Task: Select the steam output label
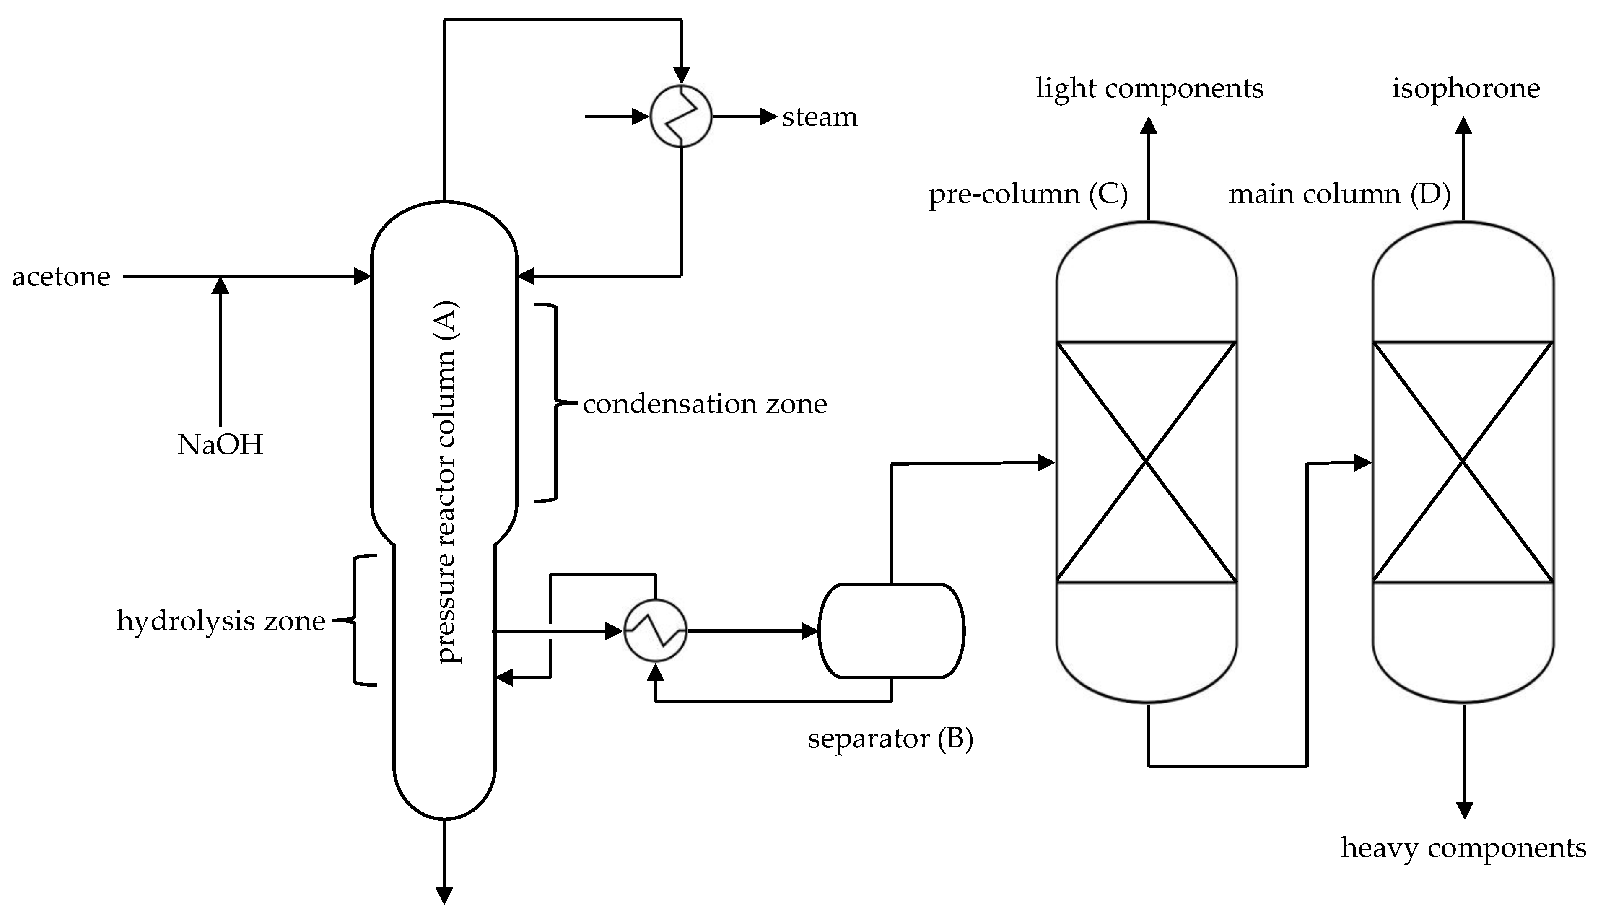click(x=820, y=117)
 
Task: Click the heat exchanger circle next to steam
click(x=681, y=117)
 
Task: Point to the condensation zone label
click(x=704, y=404)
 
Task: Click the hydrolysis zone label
click(x=221, y=622)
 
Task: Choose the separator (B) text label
click(x=890, y=738)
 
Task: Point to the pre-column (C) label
click(x=1027, y=194)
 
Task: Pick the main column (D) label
click(x=1339, y=194)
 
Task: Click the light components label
click(x=1149, y=88)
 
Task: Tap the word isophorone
click(x=1466, y=88)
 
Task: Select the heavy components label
click(x=1463, y=848)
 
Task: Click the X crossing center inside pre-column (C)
click(x=1146, y=462)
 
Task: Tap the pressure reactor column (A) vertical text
click(x=446, y=482)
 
